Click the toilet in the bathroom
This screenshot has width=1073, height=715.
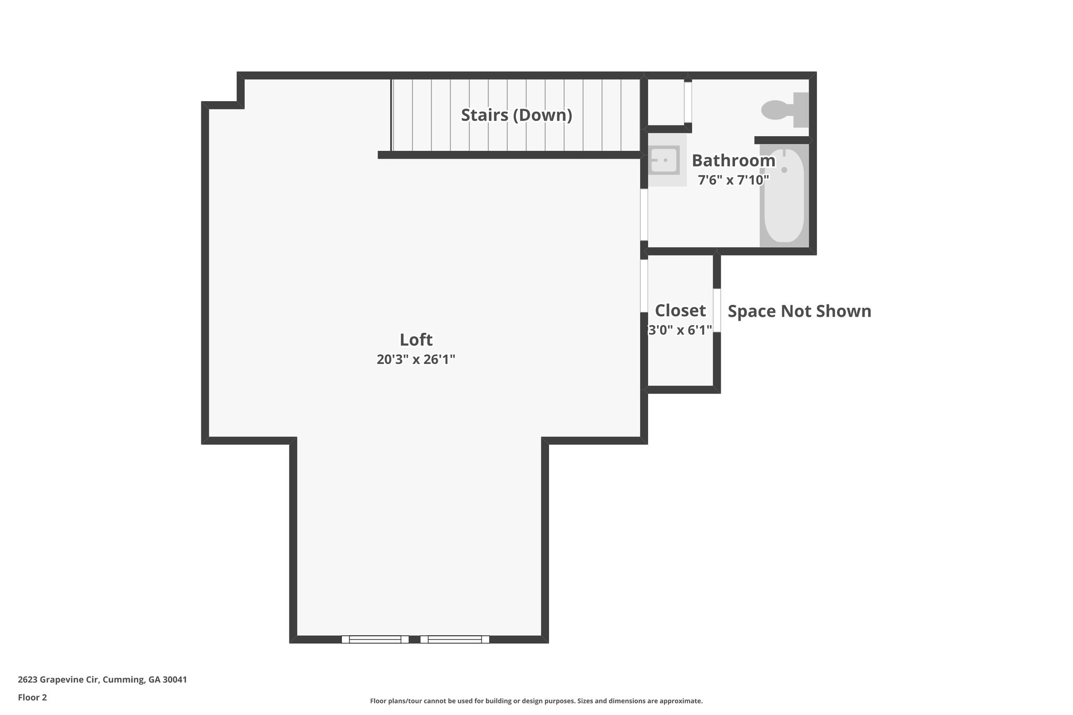tap(784, 109)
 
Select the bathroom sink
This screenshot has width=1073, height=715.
tap(664, 160)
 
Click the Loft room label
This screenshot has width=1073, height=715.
tap(416, 340)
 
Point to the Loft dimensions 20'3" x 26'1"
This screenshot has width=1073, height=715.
tap(416, 360)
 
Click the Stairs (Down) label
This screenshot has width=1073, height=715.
tap(516, 115)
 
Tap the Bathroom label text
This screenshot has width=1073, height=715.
tap(733, 160)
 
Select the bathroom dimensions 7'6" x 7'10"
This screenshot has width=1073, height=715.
tap(733, 180)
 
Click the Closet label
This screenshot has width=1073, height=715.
tap(680, 311)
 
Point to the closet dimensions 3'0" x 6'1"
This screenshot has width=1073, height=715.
tap(680, 330)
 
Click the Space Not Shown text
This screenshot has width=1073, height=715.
tap(799, 311)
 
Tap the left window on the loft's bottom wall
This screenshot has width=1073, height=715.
tap(375, 639)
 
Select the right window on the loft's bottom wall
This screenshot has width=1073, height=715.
tap(455, 639)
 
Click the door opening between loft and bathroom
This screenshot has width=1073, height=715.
tap(644, 214)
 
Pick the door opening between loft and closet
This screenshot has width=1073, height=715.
tap(644, 285)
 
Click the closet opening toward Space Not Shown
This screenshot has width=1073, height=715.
tap(717, 310)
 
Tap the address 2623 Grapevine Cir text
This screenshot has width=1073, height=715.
tap(102, 680)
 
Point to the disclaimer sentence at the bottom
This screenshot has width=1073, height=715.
tap(536, 701)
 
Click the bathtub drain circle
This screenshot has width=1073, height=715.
tap(784, 170)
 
